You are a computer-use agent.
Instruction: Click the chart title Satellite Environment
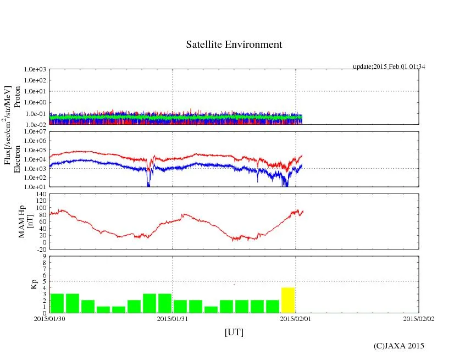[x=234, y=45]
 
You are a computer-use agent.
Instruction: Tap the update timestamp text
[x=389, y=67]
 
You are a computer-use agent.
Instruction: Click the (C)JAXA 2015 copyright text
[x=398, y=345]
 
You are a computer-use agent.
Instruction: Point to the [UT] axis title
[x=234, y=333]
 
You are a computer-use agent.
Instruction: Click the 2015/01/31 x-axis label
[x=173, y=318]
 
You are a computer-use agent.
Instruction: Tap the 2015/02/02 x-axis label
[x=419, y=318]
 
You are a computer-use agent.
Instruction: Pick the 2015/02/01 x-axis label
[x=296, y=318]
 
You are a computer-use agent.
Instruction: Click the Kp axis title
[x=32, y=284]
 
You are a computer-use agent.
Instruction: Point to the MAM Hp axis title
[x=26, y=218]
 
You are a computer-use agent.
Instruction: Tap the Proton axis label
[x=17, y=97]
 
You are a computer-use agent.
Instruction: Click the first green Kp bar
[x=57, y=303]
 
